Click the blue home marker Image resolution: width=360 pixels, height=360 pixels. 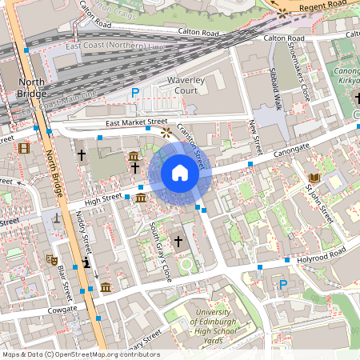pos(179,173)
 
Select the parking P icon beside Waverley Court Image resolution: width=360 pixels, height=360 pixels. pos(135,93)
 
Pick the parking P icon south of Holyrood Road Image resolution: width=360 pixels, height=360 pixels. pos(282,284)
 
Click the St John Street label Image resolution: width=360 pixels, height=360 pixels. pos(318,204)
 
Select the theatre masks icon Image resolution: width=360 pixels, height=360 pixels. pos(51,259)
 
